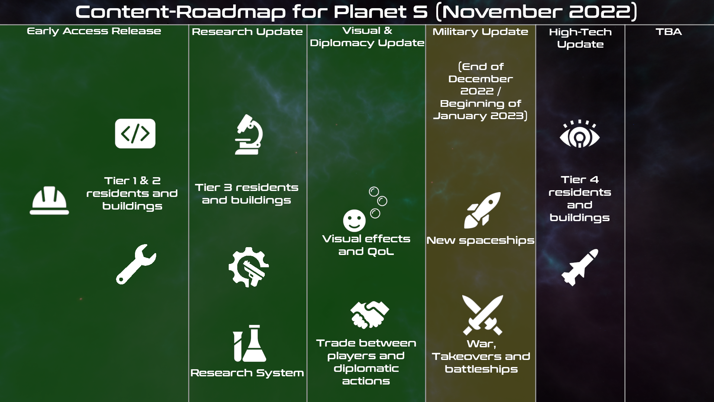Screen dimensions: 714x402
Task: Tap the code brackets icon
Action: point(135,134)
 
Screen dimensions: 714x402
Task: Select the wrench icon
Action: point(136,264)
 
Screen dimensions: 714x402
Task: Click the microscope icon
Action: point(249,134)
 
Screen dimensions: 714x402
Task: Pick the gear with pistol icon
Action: point(248,267)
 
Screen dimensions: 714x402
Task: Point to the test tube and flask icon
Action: point(250,343)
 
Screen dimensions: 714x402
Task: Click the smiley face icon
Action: point(354,220)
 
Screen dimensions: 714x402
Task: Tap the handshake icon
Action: point(369,315)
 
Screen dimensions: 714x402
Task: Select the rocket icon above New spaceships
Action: point(482,210)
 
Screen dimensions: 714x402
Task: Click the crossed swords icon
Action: point(483,315)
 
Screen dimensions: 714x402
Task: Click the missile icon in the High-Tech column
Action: point(580,267)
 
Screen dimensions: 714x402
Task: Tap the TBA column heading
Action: point(669,32)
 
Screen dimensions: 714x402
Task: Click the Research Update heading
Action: point(247,32)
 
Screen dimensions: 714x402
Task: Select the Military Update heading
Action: point(480,32)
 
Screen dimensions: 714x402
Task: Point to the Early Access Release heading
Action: point(94,31)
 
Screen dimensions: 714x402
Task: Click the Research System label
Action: point(247,373)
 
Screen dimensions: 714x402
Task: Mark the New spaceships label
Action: point(480,240)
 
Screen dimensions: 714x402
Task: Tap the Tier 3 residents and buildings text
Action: point(247,194)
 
